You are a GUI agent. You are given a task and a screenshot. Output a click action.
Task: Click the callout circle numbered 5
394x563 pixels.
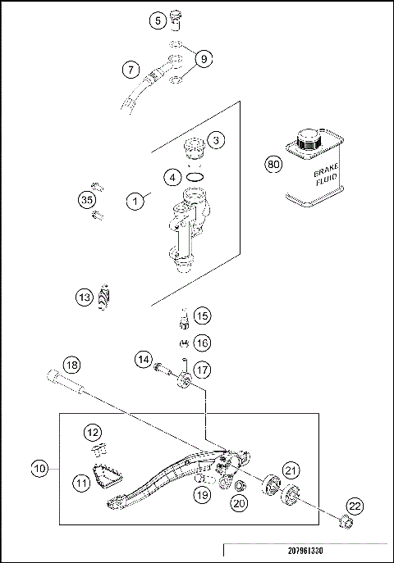click(159, 20)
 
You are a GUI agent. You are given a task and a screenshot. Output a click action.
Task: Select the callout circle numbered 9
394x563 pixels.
click(202, 58)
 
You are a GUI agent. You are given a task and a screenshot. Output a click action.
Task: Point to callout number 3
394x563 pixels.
click(216, 140)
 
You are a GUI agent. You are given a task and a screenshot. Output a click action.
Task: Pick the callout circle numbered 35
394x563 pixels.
click(86, 198)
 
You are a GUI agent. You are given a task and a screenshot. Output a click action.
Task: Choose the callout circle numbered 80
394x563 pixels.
click(274, 164)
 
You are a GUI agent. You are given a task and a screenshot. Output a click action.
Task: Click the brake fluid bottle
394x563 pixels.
click(309, 172)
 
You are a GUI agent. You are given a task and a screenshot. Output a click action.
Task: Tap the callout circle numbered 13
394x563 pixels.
click(85, 297)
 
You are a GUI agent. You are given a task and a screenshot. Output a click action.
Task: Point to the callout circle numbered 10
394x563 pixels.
click(40, 470)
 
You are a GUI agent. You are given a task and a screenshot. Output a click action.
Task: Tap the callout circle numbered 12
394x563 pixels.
click(93, 432)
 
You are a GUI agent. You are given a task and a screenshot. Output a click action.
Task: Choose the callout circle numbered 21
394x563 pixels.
click(291, 469)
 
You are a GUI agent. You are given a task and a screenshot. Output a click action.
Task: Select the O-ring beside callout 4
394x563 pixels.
click(195, 175)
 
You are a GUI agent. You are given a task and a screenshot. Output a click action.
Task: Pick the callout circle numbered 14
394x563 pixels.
click(144, 358)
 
